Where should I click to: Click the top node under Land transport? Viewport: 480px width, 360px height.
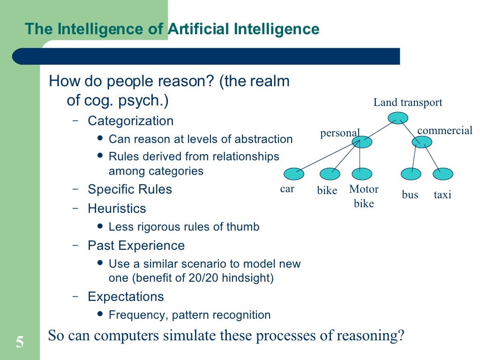[398, 118]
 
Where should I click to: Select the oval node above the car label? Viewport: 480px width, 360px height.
[294, 174]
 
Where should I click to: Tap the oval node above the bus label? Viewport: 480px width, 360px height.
[411, 174]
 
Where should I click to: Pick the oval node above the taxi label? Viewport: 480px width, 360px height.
[442, 174]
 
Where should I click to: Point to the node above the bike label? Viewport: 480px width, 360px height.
[330, 174]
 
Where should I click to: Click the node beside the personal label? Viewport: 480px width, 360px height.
[361, 142]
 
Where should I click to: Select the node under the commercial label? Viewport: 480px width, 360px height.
[422, 142]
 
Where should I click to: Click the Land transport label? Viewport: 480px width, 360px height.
[407, 103]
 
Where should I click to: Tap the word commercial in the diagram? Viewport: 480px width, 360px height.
[444, 130]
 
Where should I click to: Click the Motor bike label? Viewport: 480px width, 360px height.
[364, 196]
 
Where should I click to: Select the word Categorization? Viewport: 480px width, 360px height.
[130, 121]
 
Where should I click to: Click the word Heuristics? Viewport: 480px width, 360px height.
[117, 208]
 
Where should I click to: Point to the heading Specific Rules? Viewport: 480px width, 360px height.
[130, 189]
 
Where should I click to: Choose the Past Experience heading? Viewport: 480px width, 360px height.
[136, 246]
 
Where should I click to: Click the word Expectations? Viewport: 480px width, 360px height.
[126, 297]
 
